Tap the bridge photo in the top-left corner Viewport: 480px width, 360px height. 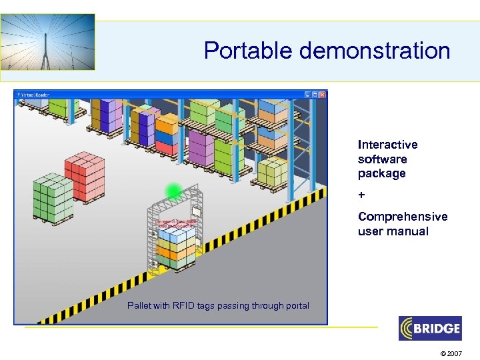coord(48,42)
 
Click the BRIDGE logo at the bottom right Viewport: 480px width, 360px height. coord(429,328)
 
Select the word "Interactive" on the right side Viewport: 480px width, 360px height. coord(387,145)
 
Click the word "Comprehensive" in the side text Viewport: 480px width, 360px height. coord(403,217)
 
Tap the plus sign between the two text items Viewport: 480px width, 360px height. coord(361,195)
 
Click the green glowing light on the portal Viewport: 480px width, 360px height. coord(174,191)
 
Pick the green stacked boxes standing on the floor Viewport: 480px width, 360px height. coord(53,198)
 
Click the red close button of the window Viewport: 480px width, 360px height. coord(323,95)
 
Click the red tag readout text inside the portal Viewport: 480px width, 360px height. coord(175,224)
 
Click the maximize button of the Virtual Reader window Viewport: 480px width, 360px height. coord(315,95)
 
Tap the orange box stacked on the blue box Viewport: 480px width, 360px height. coord(167,124)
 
